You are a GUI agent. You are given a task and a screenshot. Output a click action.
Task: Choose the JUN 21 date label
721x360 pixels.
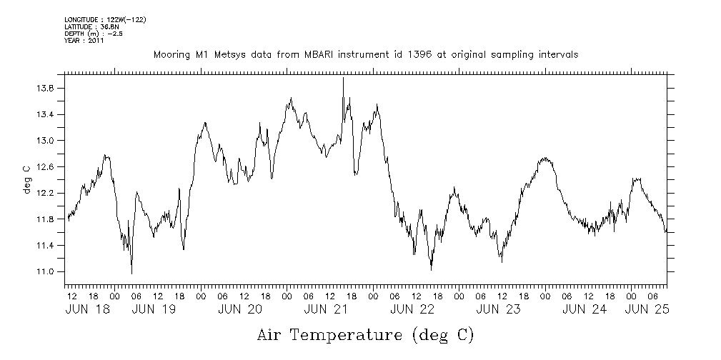pyautogui.click(x=325, y=309)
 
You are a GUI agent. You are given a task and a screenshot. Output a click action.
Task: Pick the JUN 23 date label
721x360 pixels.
pyautogui.click(x=497, y=309)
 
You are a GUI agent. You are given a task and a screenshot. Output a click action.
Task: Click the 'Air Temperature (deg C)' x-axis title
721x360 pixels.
pyautogui.click(x=365, y=334)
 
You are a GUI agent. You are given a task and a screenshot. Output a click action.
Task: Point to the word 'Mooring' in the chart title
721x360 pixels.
pyautogui.click(x=169, y=54)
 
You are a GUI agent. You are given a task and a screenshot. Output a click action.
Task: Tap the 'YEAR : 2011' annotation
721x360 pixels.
pyautogui.click(x=84, y=41)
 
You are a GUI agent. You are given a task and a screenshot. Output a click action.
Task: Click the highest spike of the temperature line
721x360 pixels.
pyautogui.click(x=344, y=78)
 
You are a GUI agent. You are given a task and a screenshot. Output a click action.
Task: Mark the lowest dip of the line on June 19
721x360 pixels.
pyautogui.click(x=131, y=273)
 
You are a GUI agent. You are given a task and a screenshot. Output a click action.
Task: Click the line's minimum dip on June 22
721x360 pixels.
pyautogui.click(x=431, y=269)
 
